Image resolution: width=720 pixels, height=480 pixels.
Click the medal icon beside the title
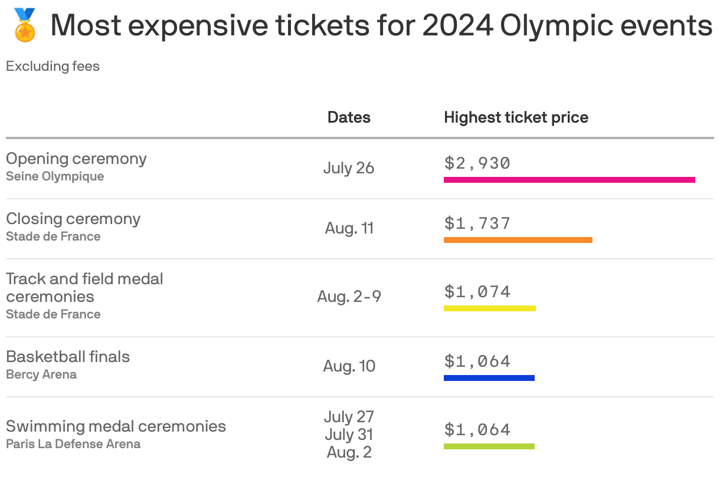pos(24,25)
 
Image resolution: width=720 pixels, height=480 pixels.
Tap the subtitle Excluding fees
pos(53,66)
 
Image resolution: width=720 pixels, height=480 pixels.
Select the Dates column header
pos(349,117)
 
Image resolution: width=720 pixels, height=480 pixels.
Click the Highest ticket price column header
pos(516,117)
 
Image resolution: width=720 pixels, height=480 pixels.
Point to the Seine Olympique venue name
pos(55,176)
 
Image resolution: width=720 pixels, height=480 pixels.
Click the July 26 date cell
pos(349,168)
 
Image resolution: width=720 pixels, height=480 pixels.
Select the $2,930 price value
pos(477,163)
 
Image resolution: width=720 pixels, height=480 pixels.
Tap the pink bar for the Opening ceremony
pos(569,180)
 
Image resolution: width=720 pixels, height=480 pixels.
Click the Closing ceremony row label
pos(73,219)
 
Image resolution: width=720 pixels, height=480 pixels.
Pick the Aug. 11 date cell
pos(349,228)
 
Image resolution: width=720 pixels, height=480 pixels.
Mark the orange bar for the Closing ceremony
pos(518,240)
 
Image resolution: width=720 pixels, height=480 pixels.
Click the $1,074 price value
pos(477,292)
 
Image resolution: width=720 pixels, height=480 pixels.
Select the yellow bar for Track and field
pos(489,308)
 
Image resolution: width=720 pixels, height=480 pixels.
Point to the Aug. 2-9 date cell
pos(349,296)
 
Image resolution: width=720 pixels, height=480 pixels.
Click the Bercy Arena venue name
pos(41,374)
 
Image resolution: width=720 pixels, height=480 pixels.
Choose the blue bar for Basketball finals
pos(489,378)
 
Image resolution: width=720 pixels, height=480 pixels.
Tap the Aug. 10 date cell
pos(349,366)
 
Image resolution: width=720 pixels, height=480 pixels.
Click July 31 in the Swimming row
pos(349,435)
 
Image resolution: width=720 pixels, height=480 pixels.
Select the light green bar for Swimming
pos(489,446)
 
